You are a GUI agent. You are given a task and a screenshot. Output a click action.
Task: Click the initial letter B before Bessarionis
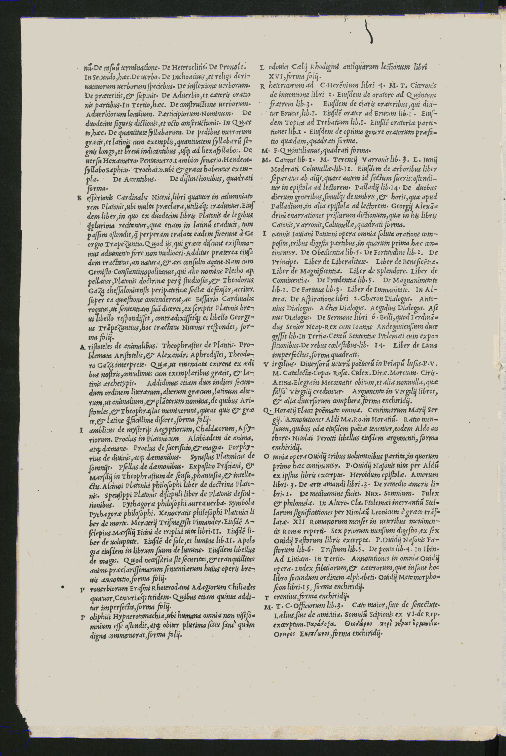pos(79,198)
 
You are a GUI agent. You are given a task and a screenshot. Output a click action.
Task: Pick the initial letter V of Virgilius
pos(266,365)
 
